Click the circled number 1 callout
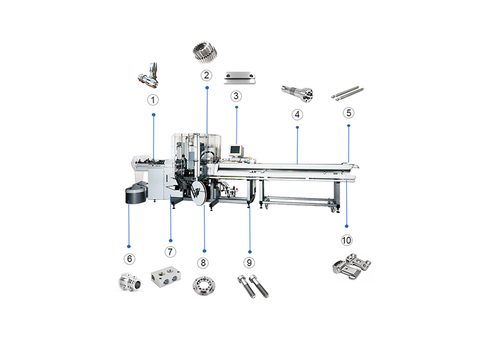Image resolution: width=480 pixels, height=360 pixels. [153, 100]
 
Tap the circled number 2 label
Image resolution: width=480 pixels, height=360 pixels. [206, 76]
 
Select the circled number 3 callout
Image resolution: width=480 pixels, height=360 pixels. [236, 96]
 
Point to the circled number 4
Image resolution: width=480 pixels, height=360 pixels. [297, 115]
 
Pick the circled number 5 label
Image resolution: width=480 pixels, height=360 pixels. [349, 113]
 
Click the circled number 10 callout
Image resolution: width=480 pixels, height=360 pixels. [347, 241]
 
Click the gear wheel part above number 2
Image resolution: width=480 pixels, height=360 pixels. [205, 53]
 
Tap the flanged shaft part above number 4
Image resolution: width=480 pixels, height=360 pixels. [297, 93]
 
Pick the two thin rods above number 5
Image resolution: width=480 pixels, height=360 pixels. [348, 93]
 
